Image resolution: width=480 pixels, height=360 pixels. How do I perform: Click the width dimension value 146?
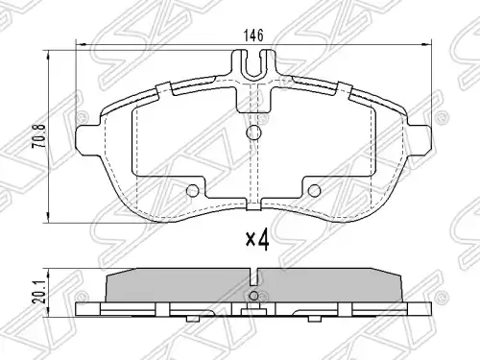[253, 36]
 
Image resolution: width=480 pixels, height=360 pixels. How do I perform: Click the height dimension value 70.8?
[40, 136]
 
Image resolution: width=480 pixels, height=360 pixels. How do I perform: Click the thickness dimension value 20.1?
[40, 293]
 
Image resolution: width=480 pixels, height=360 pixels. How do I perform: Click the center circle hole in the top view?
[254, 132]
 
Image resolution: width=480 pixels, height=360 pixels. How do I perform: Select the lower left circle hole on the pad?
[193, 191]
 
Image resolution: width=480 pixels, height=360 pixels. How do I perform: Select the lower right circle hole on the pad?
[314, 191]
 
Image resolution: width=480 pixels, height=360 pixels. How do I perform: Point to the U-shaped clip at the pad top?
[254, 65]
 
